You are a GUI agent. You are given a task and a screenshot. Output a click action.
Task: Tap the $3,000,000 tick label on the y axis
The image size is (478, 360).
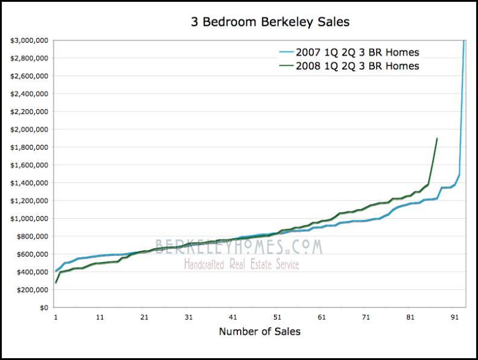pyautogui.click(x=30, y=41)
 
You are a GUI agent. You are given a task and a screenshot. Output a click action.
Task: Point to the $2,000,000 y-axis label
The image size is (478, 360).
pyautogui.click(x=30, y=130)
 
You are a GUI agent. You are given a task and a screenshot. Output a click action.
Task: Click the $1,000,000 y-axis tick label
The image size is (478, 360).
pyautogui.click(x=30, y=219)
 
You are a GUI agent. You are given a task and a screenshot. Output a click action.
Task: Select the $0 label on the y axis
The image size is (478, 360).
pyautogui.click(x=43, y=307)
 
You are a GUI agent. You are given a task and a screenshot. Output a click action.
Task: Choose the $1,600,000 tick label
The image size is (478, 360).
pyautogui.click(x=30, y=166)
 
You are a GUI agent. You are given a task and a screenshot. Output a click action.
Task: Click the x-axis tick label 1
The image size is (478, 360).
pyautogui.click(x=56, y=316)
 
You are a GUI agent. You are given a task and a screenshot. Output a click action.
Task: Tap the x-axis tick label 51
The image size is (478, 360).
pyautogui.click(x=277, y=316)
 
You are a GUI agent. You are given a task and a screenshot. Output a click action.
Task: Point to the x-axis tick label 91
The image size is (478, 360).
pyautogui.click(x=454, y=316)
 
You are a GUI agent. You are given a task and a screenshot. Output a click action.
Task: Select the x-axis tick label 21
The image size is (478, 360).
pyautogui.click(x=144, y=316)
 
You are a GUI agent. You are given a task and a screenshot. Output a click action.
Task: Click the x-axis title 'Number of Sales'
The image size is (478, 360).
pyautogui.click(x=260, y=331)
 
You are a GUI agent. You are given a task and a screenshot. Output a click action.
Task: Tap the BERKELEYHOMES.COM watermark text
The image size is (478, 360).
pyautogui.click(x=239, y=246)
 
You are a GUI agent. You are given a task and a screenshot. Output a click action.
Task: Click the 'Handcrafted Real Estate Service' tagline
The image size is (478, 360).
pyautogui.click(x=241, y=264)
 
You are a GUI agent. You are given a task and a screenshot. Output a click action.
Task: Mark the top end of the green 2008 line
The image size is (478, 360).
pyautogui.click(x=436, y=138)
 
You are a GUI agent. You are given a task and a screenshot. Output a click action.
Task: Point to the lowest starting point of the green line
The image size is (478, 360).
pyautogui.click(x=56, y=283)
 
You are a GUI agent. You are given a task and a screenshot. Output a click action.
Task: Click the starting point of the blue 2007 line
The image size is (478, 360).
pyautogui.click(x=56, y=271)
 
